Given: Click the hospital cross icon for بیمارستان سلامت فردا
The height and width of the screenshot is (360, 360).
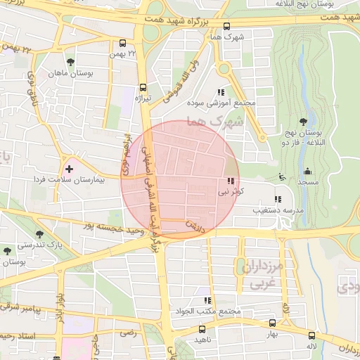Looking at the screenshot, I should click(x=69, y=169).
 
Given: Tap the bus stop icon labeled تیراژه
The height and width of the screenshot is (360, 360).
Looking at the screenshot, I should click(x=143, y=88).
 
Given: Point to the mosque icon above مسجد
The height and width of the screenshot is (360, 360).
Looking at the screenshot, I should click(x=307, y=171).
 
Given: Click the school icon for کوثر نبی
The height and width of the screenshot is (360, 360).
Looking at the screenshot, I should click(x=233, y=181).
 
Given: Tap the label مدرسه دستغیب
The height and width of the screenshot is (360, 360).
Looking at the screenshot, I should click(x=259, y=210).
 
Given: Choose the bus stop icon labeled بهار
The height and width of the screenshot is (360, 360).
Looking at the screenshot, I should click(x=272, y=323).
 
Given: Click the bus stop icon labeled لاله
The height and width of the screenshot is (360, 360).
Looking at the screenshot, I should click(x=309, y=336).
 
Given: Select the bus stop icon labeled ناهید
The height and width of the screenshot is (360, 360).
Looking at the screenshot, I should click(x=202, y=329).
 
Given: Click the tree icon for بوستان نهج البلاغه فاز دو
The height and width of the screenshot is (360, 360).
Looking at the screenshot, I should click(x=304, y=122).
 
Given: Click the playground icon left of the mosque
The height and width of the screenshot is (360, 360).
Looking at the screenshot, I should click(x=282, y=176).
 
